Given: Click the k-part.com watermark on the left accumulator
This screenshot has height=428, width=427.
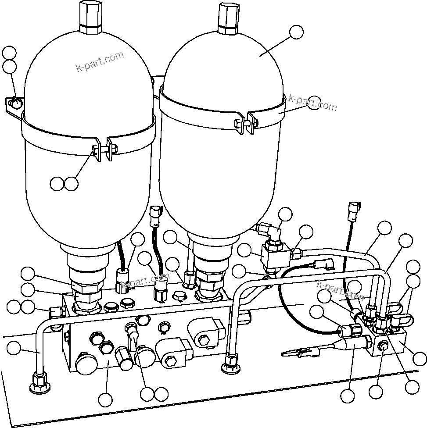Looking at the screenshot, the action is pos(100,62).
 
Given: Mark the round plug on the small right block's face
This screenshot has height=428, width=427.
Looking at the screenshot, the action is pos(384,346).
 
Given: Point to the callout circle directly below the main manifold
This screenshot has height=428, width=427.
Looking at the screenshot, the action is pos(106,399).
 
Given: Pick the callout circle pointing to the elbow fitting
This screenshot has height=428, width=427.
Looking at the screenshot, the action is pos(286,214).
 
